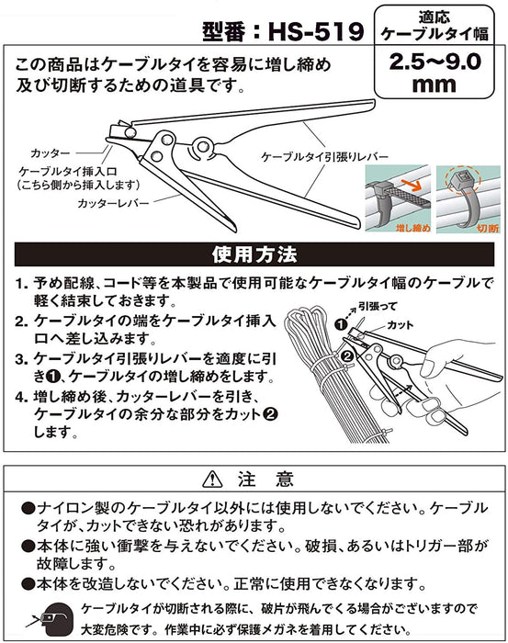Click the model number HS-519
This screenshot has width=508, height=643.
tap(316, 31)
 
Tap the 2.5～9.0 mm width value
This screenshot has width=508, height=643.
tap(435, 73)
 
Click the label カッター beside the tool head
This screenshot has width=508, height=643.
tap(50, 153)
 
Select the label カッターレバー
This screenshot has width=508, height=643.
tap(113, 203)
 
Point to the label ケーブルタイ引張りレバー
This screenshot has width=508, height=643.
tap(324, 157)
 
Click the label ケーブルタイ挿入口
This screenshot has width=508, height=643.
tap(68, 172)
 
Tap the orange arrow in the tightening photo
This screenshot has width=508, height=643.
tap(412, 185)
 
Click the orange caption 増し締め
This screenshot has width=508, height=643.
tap(413, 228)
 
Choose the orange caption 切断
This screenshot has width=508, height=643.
tap(488, 228)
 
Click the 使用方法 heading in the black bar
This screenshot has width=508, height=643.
tap(254, 254)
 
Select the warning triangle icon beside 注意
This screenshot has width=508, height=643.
tap(212, 479)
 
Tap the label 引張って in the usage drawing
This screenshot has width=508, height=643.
tap(378, 306)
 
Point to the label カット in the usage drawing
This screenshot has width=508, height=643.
tap(401, 325)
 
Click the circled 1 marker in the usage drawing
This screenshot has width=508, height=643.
tap(341, 325)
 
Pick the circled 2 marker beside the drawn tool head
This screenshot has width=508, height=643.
tap(347, 356)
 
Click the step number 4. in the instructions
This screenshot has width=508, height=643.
tap(21, 397)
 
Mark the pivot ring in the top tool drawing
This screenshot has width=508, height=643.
tap(201, 147)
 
